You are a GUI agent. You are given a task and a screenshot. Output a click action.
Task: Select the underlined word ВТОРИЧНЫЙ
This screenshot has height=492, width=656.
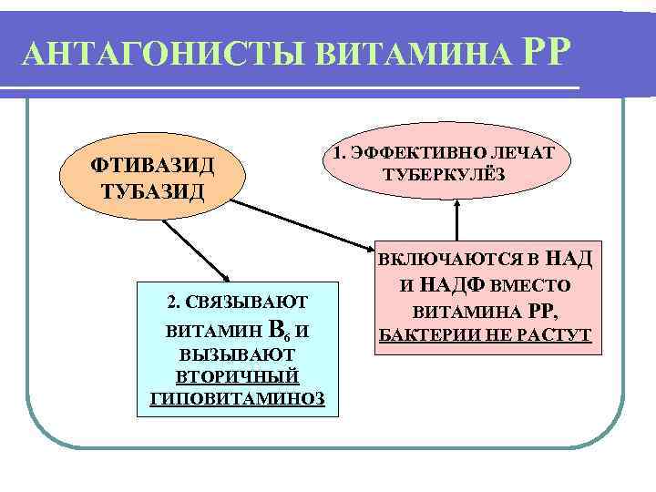(x=236, y=376)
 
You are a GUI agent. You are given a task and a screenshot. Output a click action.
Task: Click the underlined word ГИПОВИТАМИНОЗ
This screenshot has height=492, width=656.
(x=236, y=398)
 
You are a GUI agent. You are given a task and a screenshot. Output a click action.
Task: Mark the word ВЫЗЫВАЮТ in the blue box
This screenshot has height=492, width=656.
(x=236, y=354)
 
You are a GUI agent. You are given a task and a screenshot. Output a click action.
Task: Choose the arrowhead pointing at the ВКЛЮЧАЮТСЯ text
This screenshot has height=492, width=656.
(x=371, y=247)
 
